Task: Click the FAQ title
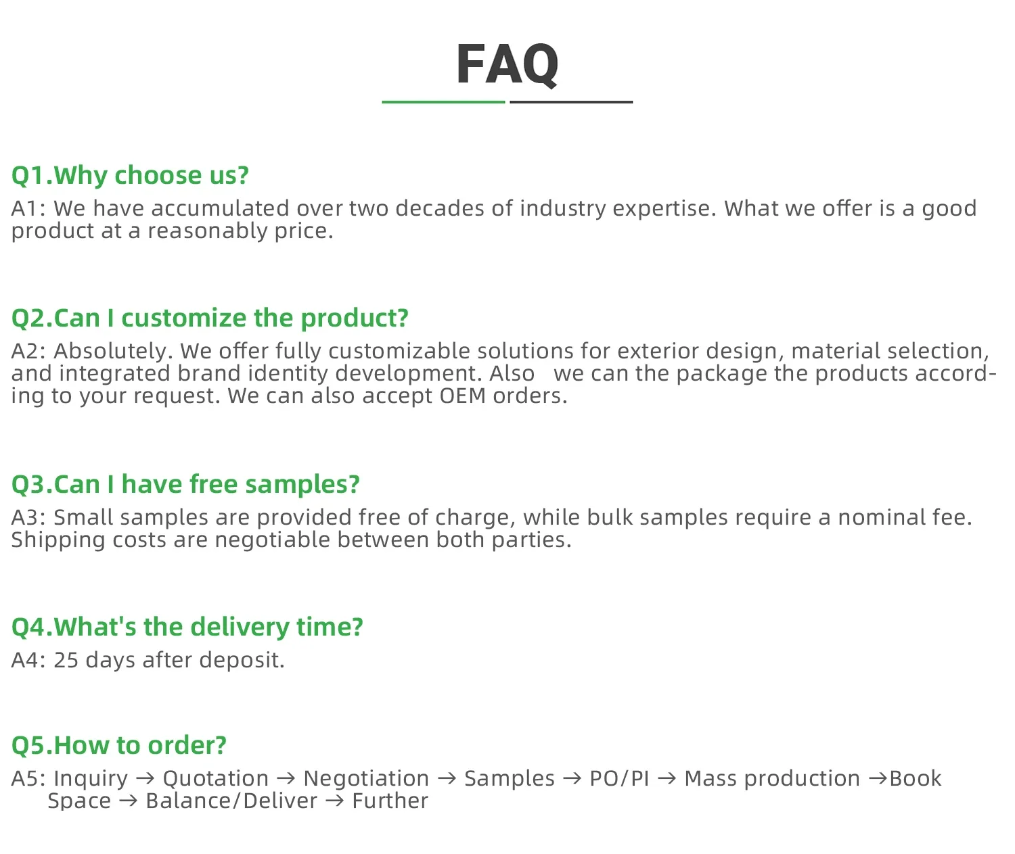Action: tap(507, 64)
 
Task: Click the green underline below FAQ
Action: tap(443, 102)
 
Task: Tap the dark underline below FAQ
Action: tap(571, 102)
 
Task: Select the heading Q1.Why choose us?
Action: tap(130, 175)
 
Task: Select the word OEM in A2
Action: tap(462, 396)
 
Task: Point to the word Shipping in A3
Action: tap(58, 540)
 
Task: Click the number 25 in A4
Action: tap(66, 660)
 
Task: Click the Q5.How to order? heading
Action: tap(119, 746)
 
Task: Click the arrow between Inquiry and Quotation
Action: tap(145, 779)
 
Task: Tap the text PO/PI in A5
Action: tap(619, 779)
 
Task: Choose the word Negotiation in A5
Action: tap(366, 779)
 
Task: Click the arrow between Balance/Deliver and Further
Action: tap(335, 801)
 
